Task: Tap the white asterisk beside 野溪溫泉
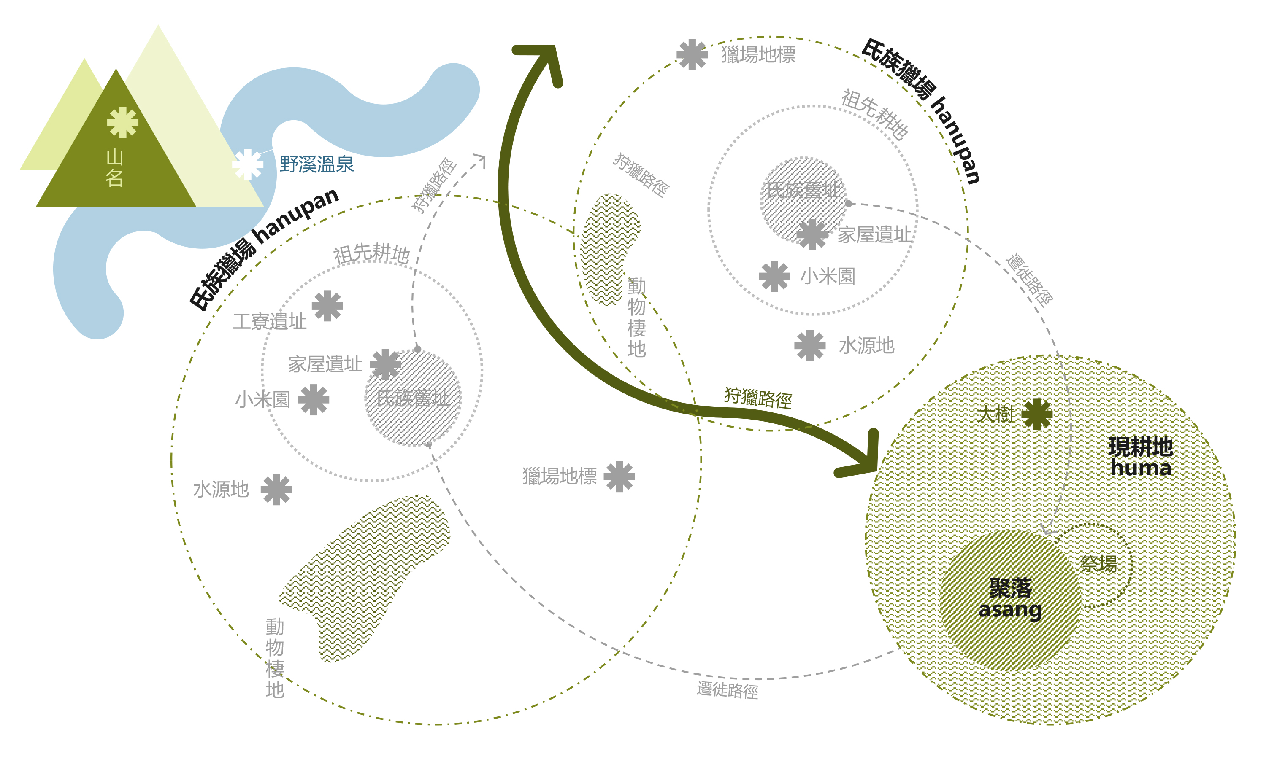click(x=248, y=164)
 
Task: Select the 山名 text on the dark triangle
click(x=115, y=168)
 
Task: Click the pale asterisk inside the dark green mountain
click(x=123, y=122)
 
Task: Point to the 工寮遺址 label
click(x=270, y=322)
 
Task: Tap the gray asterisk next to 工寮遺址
click(x=327, y=306)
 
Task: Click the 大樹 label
click(x=995, y=414)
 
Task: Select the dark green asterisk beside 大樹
click(x=1037, y=414)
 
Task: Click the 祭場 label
click(x=1098, y=564)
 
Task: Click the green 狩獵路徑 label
click(x=758, y=397)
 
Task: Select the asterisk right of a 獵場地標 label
click(x=619, y=476)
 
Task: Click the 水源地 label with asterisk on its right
click(x=221, y=490)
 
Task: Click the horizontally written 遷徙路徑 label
click(x=727, y=690)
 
